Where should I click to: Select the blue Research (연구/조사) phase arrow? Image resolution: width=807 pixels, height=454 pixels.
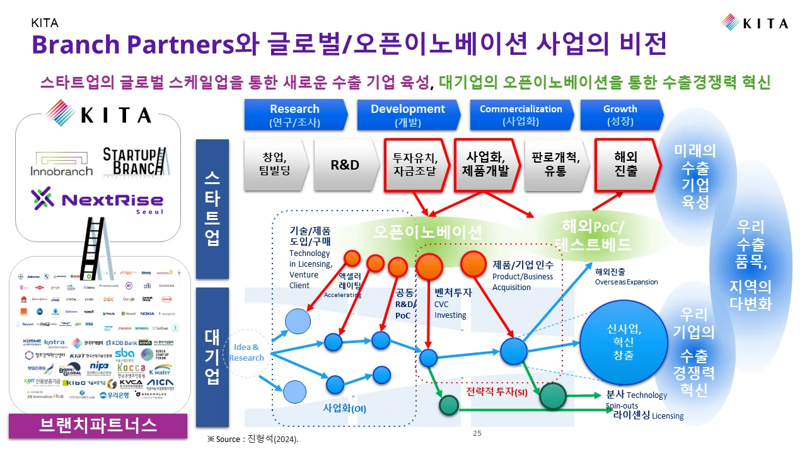point(295,115)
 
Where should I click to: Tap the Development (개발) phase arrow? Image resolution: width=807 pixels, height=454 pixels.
point(407,115)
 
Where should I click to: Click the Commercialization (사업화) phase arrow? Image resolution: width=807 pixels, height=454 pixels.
point(521,115)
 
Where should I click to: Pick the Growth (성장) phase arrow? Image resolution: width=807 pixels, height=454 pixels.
point(620,115)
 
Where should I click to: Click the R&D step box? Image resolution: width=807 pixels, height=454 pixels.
point(345,165)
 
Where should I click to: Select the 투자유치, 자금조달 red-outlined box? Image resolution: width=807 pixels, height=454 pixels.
point(415,165)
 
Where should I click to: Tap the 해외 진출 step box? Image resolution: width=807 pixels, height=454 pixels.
point(626,164)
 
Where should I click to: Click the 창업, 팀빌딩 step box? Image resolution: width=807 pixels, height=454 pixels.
point(275,165)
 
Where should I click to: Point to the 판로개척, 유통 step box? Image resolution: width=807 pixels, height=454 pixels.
point(556,165)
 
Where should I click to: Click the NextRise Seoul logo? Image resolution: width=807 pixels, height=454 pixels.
point(98,201)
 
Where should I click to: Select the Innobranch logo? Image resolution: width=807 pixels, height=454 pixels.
point(61,163)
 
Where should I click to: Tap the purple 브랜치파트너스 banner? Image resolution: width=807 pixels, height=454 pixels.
point(98,424)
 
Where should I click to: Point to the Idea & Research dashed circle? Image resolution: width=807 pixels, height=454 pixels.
point(247,352)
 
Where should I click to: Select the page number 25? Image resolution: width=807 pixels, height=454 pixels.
point(477,433)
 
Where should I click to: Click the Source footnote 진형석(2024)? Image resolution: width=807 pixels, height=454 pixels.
point(253,439)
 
